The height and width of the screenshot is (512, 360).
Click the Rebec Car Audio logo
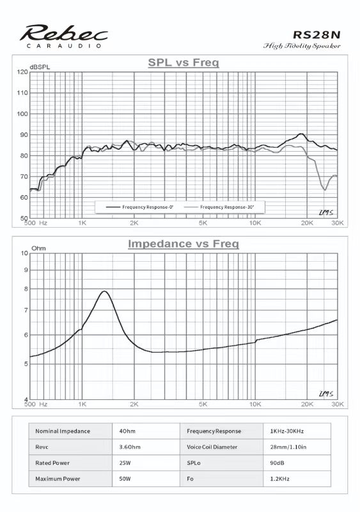pos(64,36)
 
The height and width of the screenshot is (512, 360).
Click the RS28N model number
pos(317,35)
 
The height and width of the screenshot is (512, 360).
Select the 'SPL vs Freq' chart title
pos(184,62)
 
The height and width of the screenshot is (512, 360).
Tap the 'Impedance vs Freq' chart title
pos(184,244)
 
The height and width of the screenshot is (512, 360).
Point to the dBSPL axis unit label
pos(40,67)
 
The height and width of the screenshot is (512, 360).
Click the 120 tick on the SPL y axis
pos(22,72)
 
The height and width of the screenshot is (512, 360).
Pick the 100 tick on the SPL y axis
pos(22,114)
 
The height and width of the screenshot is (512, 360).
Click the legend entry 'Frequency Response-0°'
pos(139,207)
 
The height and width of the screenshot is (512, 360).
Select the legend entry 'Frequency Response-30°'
pos(219,207)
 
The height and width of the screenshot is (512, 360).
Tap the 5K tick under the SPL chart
pos(203,223)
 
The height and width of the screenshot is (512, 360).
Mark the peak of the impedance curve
pos(104,291)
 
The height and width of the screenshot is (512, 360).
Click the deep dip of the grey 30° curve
pos(325,189)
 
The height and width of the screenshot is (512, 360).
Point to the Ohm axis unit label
pos(38,248)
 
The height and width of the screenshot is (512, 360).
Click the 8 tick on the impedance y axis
pos(26,289)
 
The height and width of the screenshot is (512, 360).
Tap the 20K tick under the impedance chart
pos(307,404)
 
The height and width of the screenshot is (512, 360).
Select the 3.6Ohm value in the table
pos(130,447)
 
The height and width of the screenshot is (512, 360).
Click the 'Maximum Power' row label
pos(58,479)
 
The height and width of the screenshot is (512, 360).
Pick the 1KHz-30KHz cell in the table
pos(287,431)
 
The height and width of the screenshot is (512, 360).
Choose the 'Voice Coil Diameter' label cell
pos(212,447)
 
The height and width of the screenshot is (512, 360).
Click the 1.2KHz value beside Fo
pos(279,479)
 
